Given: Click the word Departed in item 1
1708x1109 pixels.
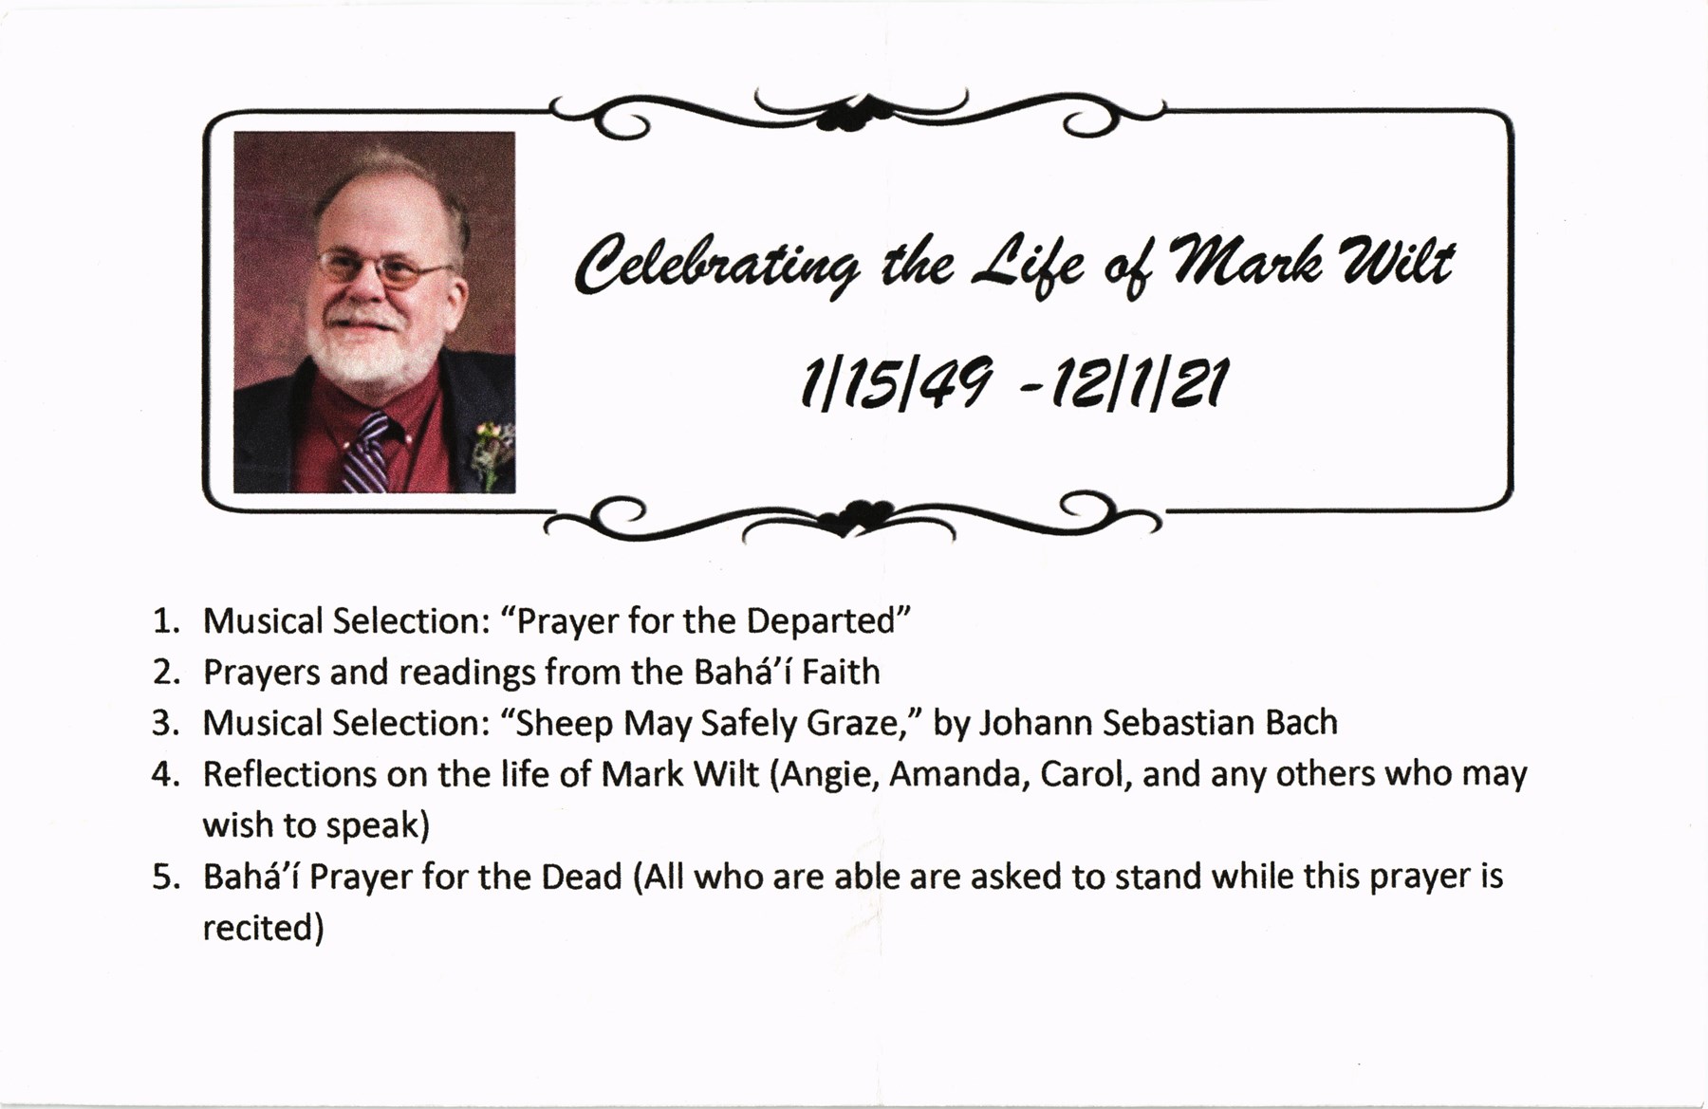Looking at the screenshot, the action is pyautogui.click(x=822, y=620).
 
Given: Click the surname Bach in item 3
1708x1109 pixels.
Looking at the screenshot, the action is pyautogui.click(x=1301, y=723).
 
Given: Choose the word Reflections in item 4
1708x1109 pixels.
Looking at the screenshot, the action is pyautogui.click(x=289, y=774).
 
